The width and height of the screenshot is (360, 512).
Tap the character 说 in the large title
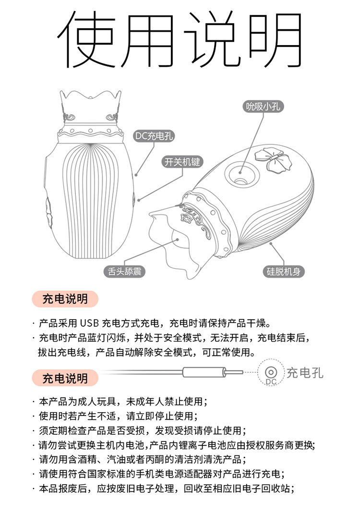pos(212,39)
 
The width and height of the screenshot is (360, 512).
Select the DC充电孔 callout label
pos(154,136)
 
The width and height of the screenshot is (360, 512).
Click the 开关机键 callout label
pos(182,162)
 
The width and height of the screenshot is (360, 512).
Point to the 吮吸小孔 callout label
pos(263,107)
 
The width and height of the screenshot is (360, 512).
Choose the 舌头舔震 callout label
pos(124,271)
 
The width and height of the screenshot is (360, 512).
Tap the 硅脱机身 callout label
pos(283,271)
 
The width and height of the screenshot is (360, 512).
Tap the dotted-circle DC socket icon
pos(271,372)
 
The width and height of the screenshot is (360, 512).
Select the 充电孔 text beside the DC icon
pos(305,373)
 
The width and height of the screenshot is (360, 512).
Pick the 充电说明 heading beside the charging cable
pos(65,379)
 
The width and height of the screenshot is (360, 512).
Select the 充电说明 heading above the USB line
pos(65,299)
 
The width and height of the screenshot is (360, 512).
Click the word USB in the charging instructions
pos(89,323)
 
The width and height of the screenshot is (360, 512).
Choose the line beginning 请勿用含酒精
pos(140,459)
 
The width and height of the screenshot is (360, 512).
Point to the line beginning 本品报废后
pos(163,488)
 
